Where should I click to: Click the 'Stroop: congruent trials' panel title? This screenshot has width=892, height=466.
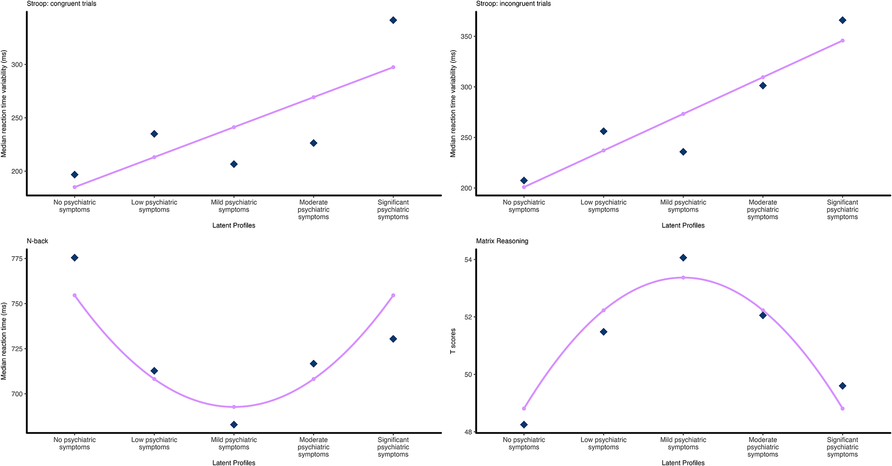pyautogui.click(x=61, y=4)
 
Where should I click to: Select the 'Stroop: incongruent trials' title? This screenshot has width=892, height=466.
pyautogui.click(x=513, y=4)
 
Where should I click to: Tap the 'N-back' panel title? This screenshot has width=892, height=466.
pyautogui.click(x=37, y=241)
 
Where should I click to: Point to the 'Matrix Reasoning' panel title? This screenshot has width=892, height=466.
pyautogui.click(x=502, y=241)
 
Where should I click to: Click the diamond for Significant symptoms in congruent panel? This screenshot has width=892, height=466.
pyautogui.click(x=393, y=20)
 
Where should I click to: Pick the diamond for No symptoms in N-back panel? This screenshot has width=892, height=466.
pyautogui.click(x=74, y=258)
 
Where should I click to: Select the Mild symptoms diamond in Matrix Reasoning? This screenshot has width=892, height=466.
pyautogui.click(x=683, y=258)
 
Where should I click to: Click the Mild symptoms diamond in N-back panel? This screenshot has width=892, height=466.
pyautogui.click(x=234, y=425)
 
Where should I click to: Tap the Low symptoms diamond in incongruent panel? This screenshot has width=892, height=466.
pyautogui.click(x=604, y=131)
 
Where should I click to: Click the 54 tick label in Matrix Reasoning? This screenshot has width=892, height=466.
pyautogui.click(x=468, y=260)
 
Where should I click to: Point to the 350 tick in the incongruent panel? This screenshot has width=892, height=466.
pyautogui.click(x=466, y=37)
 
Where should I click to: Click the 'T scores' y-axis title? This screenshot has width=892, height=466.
pyautogui.click(x=453, y=341)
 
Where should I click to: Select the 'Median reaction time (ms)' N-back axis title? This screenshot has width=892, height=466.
pyautogui.click(x=4, y=341)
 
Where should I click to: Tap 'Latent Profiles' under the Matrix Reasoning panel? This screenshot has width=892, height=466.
pyautogui.click(x=683, y=463)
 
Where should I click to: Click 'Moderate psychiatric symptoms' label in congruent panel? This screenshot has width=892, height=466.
pyautogui.click(x=313, y=210)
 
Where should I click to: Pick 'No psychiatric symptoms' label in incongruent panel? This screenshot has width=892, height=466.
pyautogui.click(x=524, y=206)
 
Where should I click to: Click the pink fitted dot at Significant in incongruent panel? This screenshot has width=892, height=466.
pyautogui.click(x=843, y=41)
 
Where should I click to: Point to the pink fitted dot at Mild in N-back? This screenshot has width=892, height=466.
pyautogui.click(x=234, y=407)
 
